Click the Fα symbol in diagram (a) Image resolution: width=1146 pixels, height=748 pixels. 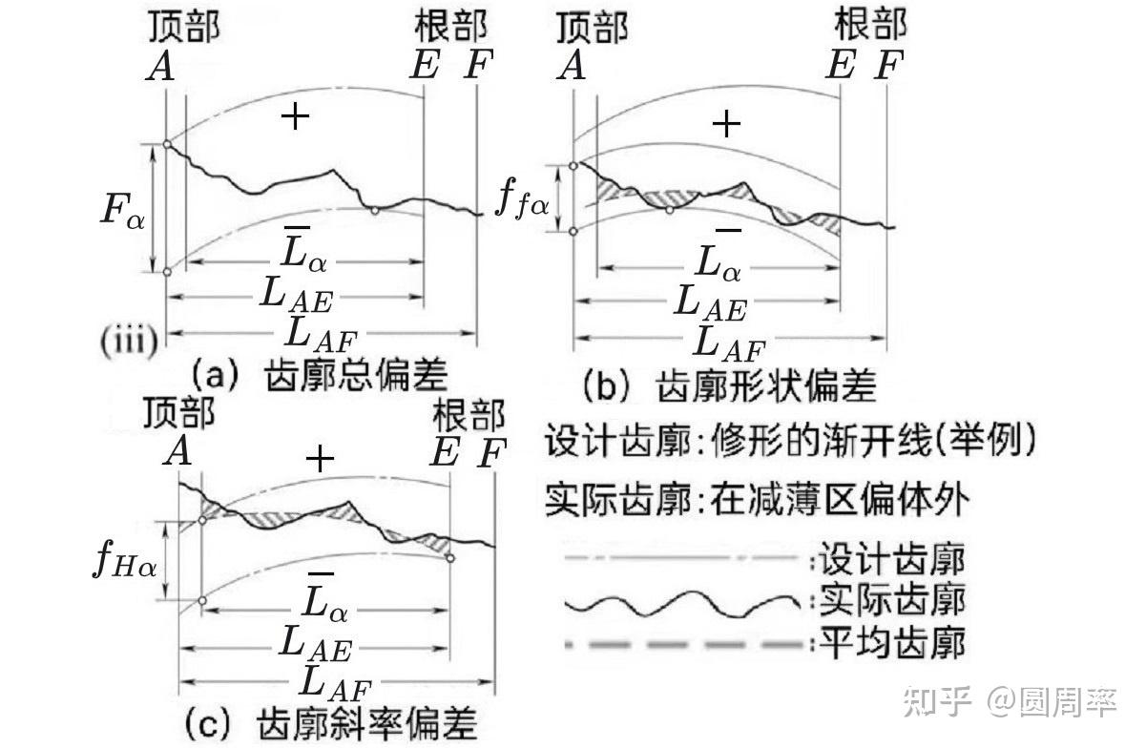point(122,211)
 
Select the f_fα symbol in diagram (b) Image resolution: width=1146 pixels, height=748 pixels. point(522,200)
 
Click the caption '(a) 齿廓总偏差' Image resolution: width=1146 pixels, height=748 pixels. point(320,376)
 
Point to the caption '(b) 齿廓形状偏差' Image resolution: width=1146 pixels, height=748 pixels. point(730,386)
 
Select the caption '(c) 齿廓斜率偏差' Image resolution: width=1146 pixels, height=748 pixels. point(331,723)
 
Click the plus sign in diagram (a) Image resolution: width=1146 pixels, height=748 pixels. point(295,116)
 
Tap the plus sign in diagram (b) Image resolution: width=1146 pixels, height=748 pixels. point(726,124)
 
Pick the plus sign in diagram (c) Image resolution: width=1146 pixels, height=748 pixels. point(320,459)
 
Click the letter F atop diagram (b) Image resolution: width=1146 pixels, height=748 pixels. point(888,65)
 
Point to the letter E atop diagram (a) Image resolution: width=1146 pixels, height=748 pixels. point(425,65)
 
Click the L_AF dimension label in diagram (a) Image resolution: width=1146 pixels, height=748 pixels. point(321,335)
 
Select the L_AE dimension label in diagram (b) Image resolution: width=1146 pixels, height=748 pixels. point(710,304)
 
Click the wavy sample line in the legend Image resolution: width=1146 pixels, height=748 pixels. point(682,604)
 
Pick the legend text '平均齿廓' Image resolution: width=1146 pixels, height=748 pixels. point(893,643)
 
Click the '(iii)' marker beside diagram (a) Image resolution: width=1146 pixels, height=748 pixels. point(129,342)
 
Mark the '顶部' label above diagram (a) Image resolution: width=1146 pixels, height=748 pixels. point(184,27)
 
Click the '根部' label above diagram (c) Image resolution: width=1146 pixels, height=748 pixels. point(469,415)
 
